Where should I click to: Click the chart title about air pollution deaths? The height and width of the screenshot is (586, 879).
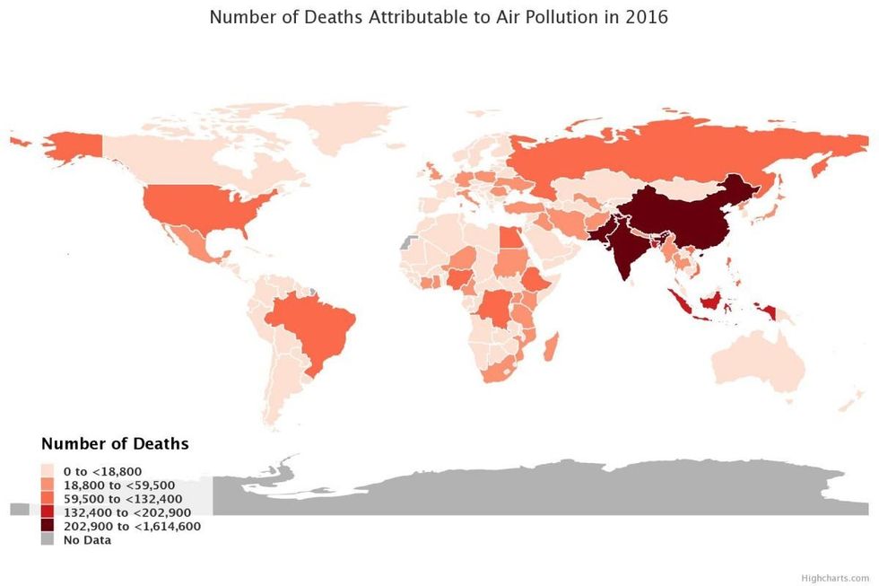pos(439,17)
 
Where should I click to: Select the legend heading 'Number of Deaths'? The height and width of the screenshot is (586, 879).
pos(115,444)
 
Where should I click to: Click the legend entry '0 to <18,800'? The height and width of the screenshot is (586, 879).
pos(102,470)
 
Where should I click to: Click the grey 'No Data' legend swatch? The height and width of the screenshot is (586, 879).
pos(48,540)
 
